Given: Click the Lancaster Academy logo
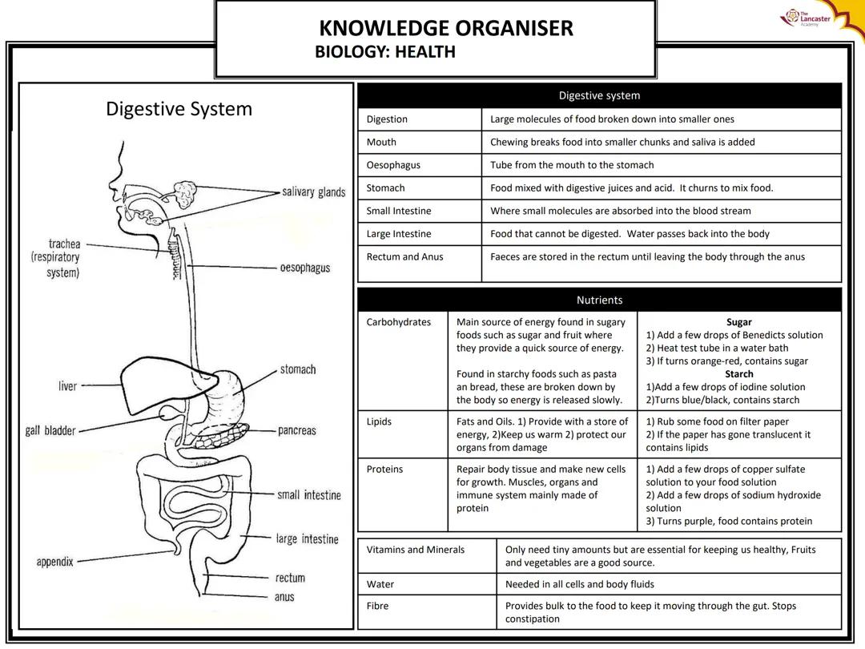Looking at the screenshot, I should (806, 18).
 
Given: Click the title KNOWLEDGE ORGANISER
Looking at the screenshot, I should (446, 28).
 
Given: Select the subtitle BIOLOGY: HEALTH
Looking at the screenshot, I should (385, 52).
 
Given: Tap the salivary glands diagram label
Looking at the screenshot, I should (313, 192).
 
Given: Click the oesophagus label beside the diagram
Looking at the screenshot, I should (304, 268).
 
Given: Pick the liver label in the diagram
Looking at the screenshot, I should (68, 386).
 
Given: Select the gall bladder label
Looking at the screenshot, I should (50, 430).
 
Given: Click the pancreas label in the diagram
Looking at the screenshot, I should (297, 430).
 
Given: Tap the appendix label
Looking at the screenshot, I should (55, 562).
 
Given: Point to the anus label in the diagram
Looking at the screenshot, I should (284, 597).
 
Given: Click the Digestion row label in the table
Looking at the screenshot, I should (387, 119).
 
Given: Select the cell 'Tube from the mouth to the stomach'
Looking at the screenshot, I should (572, 165).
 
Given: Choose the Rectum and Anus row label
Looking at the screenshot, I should (404, 257).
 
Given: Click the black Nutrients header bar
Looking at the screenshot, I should (599, 300).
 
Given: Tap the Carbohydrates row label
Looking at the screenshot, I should (399, 322).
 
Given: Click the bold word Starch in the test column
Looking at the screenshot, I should (738, 374).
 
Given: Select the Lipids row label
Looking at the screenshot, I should (380, 421).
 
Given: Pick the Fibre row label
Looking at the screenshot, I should (377, 606).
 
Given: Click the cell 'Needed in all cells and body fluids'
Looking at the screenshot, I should (579, 584).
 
